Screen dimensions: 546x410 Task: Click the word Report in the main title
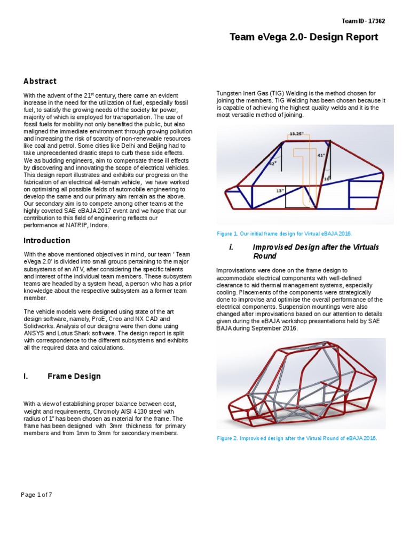tap(359, 37)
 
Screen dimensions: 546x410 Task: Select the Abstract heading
tap(40, 81)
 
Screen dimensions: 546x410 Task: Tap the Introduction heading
tap(46, 240)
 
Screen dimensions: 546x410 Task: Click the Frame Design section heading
tap(74, 376)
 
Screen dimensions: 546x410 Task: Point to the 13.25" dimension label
tap(297, 134)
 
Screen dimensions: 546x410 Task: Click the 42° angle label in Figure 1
tap(272, 164)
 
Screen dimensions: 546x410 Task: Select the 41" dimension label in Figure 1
tap(321, 155)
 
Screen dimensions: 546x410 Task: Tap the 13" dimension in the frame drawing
tap(279, 190)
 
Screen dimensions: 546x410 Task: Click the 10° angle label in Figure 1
tap(327, 179)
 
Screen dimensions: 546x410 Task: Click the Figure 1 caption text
tap(285, 234)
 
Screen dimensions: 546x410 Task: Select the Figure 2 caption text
tap(297, 438)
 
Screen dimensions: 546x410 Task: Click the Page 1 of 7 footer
tap(36, 494)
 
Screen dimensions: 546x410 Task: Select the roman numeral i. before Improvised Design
tap(231, 247)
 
